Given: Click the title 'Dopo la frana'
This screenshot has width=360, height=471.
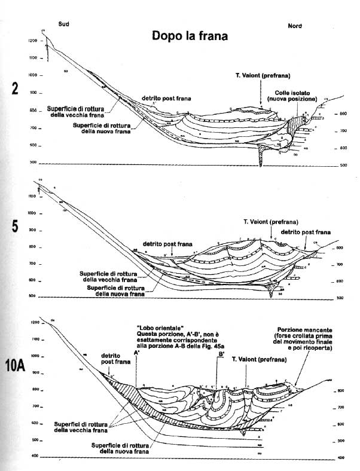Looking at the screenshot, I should click(x=189, y=36).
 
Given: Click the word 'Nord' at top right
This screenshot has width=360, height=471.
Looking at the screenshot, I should click(x=295, y=26).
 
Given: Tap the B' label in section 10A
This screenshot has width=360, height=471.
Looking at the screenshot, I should click(x=221, y=354).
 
